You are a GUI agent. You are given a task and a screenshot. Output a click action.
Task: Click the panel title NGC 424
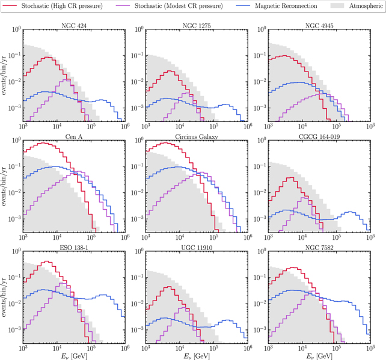click(74, 25)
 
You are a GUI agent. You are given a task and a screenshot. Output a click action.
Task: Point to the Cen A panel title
click(74, 136)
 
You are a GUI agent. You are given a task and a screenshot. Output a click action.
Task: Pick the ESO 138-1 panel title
click(74, 248)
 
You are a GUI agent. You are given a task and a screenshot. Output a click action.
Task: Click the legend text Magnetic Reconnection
click(273, 6)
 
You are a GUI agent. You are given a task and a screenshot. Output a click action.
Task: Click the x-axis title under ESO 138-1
click(74, 355)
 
